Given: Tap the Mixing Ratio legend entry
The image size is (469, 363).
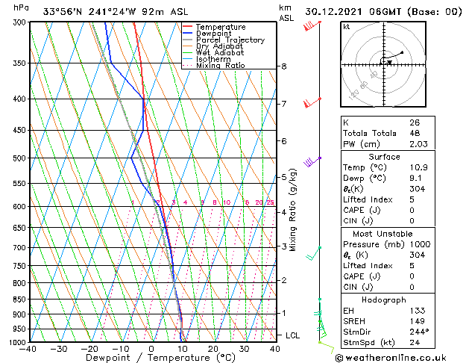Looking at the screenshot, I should click(221, 66).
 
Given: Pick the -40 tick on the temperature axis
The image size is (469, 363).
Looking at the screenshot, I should click(28, 349).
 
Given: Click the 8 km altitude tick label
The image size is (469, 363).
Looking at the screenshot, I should click(284, 66).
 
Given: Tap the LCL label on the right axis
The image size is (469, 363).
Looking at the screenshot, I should click(293, 335).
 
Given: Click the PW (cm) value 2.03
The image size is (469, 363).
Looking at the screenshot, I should click(418, 144).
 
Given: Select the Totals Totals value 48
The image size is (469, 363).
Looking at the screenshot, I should click(414, 133).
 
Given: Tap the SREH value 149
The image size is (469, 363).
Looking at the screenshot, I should click(417, 321).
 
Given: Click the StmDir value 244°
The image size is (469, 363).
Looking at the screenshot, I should click(419, 332).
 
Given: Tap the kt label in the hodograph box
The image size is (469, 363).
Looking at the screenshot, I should click(346, 27).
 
